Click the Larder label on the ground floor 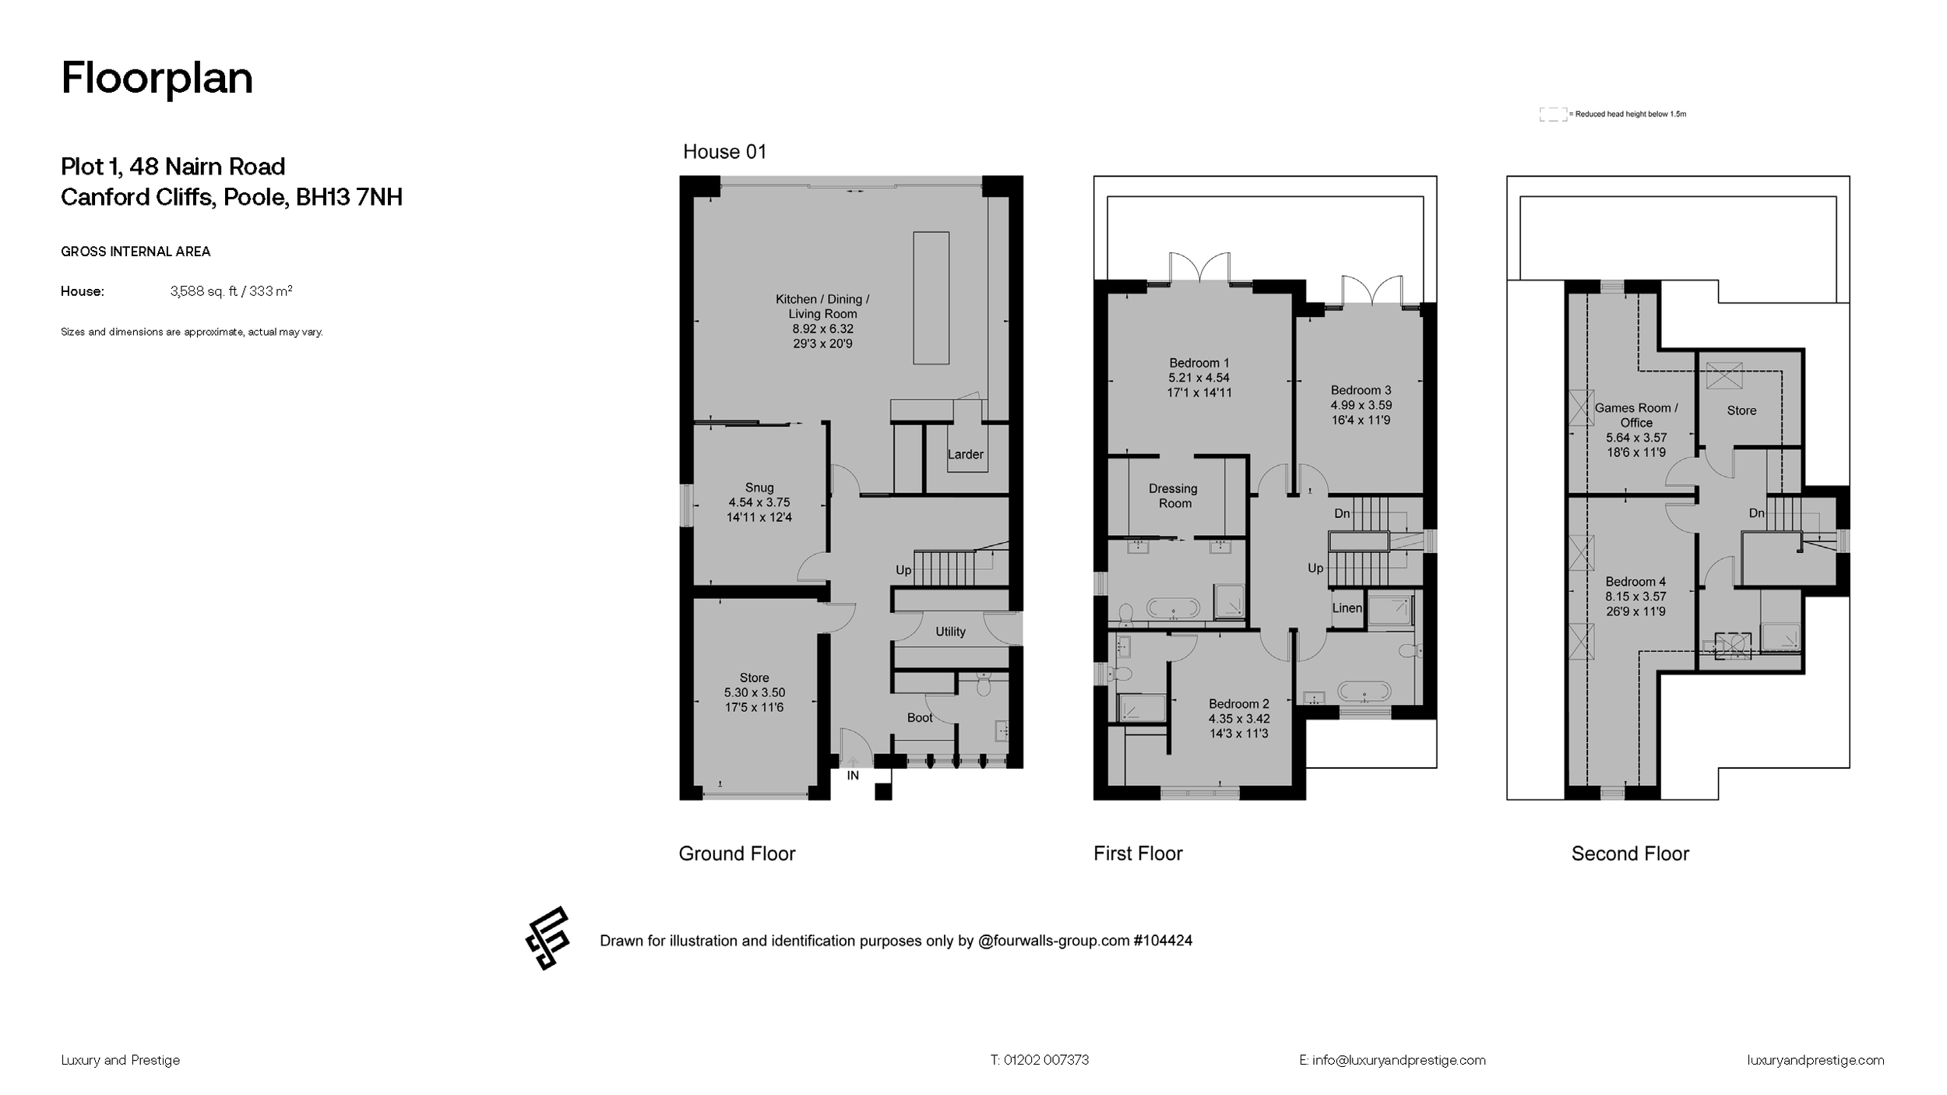coord(965,454)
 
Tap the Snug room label coord(759,488)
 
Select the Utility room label coord(949,632)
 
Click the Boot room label coord(919,717)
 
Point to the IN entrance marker coord(853,776)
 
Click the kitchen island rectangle coord(931,298)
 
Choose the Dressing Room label coord(1174,495)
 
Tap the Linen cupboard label coord(1347,608)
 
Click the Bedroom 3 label coord(1361,390)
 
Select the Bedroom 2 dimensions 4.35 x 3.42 coord(1238,719)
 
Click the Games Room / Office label coord(1635,415)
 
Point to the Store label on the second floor coord(1741,410)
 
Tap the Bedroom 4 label coord(1635,582)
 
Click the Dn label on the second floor coord(1756,513)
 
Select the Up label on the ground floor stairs coord(903,570)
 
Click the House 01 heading coord(724,152)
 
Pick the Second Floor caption coord(1629,854)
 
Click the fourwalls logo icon coord(547,938)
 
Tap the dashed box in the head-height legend coord(1552,114)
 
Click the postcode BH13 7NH coord(349,197)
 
